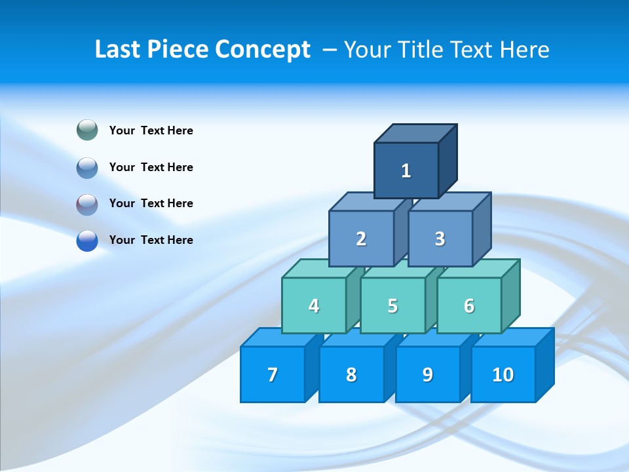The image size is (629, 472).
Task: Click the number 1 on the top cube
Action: click(406, 171)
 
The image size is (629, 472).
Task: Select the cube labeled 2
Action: click(361, 239)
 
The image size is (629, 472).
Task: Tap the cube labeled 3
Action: click(440, 239)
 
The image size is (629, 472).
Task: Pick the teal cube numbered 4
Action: click(314, 306)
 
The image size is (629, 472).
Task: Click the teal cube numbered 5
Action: click(392, 306)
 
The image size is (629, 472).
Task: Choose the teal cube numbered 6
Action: click(469, 306)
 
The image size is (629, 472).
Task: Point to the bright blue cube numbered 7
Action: click(273, 375)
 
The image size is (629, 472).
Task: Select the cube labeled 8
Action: click(351, 375)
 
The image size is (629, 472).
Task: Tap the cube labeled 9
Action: click(428, 375)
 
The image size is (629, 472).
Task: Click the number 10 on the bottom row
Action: click(503, 375)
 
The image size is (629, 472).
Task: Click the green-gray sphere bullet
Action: click(87, 130)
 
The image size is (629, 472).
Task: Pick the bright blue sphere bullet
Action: click(87, 241)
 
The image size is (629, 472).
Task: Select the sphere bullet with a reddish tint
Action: click(87, 205)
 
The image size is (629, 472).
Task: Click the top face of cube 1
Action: click(415, 134)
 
